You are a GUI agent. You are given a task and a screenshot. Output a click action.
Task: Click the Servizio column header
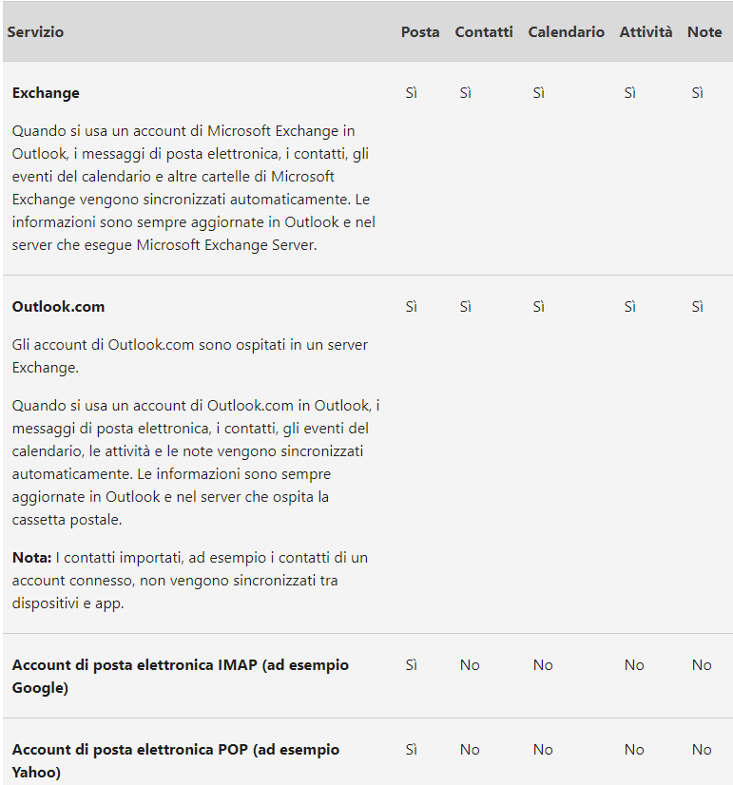click(x=36, y=32)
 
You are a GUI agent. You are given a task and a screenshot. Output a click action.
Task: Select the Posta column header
click(x=420, y=32)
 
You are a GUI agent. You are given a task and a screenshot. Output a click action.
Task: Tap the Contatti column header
click(x=484, y=32)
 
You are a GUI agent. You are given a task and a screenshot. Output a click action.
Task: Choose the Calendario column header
click(x=567, y=32)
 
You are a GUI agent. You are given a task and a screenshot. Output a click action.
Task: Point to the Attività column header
click(x=646, y=32)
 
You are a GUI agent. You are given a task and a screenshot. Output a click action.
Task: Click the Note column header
click(x=704, y=32)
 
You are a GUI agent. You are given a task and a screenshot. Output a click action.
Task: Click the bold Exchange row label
click(x=46, y=93)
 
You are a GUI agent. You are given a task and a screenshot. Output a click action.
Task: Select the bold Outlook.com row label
click(x=58, y=307)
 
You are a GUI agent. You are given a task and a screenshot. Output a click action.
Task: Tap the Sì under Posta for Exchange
click(x=412, y=93)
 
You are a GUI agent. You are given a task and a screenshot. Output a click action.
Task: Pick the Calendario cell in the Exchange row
click(x=539, y=93)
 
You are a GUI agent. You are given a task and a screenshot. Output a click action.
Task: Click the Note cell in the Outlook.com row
click(x=698, y=307)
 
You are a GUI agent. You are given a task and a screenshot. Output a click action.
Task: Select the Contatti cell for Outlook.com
click(x=466, y=307)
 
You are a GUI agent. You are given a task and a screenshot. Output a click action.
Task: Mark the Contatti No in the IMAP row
click(x=470, y=665)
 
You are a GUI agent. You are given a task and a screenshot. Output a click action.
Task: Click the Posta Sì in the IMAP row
click(x=412, y=665)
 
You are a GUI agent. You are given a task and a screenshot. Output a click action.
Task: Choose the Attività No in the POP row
click(x=634, y=750)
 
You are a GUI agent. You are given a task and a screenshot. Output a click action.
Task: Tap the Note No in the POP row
click(x=702, y=750)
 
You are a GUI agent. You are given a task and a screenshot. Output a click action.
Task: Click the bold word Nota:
click(x=31, y=557)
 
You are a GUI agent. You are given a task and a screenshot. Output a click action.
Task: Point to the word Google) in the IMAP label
click(x=40, y=688)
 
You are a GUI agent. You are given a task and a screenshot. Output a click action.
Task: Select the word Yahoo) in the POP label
click(x=37, y=773)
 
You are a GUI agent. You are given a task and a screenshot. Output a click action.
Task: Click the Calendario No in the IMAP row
click(x=543, y=665)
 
